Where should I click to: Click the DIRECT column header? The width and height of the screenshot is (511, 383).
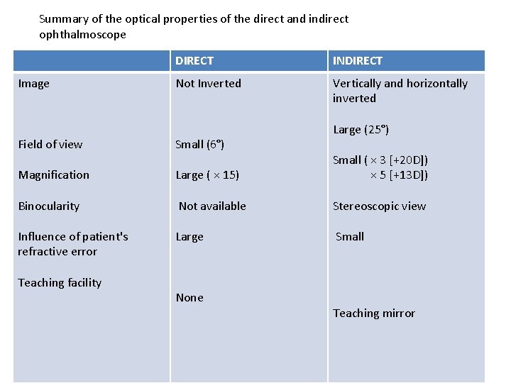[x=194, y=61]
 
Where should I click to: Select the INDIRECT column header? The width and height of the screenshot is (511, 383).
[x=358, y=61]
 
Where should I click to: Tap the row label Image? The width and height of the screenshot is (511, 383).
[x=34, y=84]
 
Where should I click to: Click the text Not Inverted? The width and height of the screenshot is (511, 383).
[x=209, y=84]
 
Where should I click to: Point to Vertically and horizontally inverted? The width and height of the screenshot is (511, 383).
[x=400, y=91]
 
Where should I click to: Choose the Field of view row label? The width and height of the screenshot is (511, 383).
[x=50, y=145]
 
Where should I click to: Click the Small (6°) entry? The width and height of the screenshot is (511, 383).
[x=200, y=145]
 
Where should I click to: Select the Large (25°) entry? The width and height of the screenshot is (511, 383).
[x=361, y=130]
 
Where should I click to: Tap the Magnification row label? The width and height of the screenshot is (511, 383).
[x=54, y=175]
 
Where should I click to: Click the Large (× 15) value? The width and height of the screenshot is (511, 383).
[x=207, y=175]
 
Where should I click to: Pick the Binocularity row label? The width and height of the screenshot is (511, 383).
[x=49, y=206]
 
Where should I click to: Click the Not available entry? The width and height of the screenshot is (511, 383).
[x=212, y=206]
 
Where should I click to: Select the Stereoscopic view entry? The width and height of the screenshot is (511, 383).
[x=379, y=206]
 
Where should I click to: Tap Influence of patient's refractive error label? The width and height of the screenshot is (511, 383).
[x=73, y=244]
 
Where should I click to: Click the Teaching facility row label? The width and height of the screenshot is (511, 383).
[x=60, y=283]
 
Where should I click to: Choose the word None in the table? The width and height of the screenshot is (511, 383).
[x=189, y=298]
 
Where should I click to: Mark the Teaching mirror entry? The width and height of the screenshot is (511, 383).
[x=374, y=313]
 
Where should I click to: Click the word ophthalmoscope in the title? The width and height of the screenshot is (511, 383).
[x=82, y=35]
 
